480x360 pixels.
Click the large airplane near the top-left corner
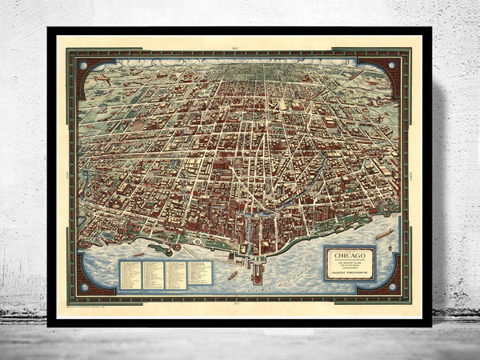click(102, 80)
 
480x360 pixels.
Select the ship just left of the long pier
click(233, 275)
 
